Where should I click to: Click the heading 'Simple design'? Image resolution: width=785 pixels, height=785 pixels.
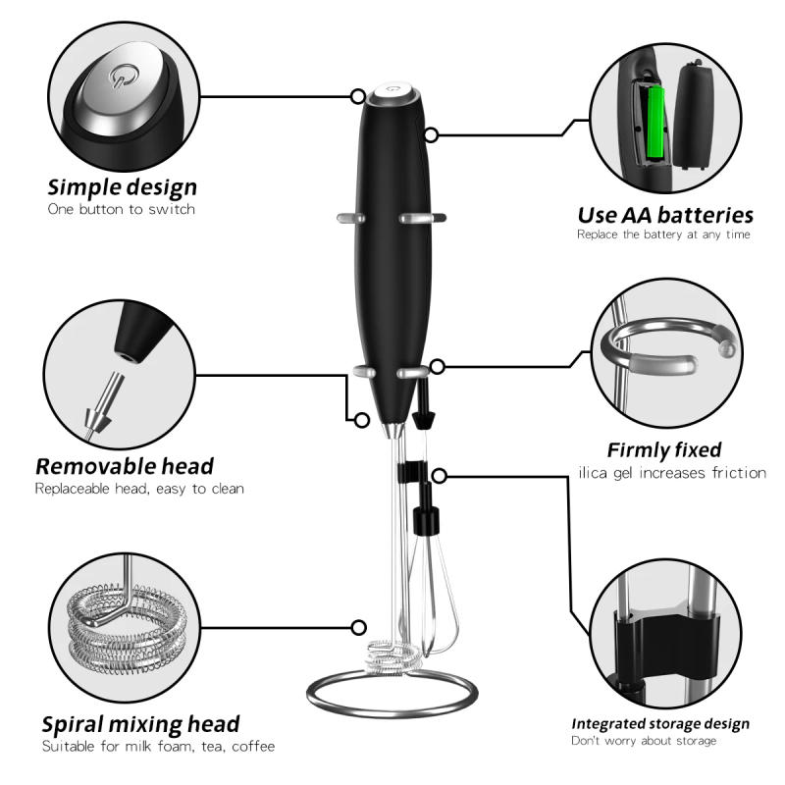[123, 186]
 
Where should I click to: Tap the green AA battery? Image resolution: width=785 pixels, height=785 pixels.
[653, 124]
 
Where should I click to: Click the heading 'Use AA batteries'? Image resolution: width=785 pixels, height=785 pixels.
[664, 215]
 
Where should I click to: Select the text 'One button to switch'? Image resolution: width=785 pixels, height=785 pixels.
[122, 209]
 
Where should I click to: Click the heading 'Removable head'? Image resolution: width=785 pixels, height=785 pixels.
[125, 466]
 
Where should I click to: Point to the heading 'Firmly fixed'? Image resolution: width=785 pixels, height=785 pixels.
[664, 450]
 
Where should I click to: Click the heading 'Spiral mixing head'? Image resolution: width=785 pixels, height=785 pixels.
[140, 724]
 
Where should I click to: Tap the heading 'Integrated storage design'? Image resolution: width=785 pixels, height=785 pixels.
[660, 724]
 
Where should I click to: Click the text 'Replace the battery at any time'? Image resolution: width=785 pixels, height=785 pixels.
[664, 235]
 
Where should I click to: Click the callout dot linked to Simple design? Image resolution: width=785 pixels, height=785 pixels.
[358, 96]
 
